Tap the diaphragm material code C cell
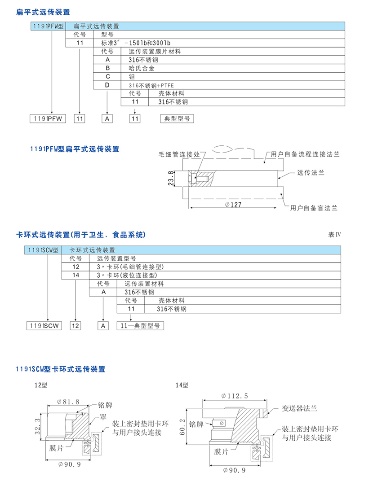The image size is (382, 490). [x=107, y=76]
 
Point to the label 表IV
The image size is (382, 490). [x=335, y=235]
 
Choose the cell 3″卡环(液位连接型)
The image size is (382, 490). [x=128, y=275]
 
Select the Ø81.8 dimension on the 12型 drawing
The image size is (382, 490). [x=68, y=402]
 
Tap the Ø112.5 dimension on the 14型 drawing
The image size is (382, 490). [x=235, y=395]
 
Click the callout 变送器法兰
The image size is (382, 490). [x=300, y=408]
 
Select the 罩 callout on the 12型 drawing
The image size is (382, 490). [x=103, y=417]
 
